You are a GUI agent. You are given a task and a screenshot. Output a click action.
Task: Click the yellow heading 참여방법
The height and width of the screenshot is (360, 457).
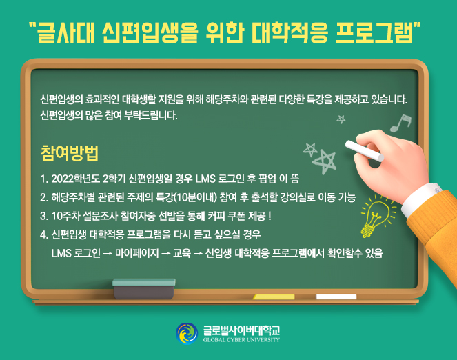[70, 152]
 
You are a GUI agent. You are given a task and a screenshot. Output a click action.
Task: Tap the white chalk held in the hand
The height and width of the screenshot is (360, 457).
[365, 151]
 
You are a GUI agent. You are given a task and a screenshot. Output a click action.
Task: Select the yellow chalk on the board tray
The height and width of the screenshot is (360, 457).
[274, 297]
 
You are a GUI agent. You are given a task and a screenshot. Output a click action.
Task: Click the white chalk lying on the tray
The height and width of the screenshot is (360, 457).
[336, 297]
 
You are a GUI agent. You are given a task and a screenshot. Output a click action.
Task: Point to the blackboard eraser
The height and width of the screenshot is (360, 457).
[144, 288]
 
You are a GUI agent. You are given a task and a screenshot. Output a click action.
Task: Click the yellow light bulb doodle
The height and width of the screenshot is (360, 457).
[378, 216]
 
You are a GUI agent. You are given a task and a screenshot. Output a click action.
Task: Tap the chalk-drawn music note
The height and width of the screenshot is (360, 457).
[400, 123]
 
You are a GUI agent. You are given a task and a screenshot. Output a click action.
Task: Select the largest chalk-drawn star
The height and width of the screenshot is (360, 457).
[325, 161]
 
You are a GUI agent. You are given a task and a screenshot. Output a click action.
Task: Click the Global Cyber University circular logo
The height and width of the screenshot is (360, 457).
[187, 334]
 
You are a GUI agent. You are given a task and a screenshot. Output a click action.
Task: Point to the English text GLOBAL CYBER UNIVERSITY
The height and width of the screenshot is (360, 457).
[241, 340]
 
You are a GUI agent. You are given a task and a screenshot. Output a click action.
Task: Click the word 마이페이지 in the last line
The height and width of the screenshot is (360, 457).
[137, 253]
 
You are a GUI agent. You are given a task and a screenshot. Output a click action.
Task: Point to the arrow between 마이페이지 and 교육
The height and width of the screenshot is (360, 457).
[166, 254]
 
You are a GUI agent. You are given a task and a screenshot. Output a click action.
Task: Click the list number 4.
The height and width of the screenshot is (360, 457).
[43, 234]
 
